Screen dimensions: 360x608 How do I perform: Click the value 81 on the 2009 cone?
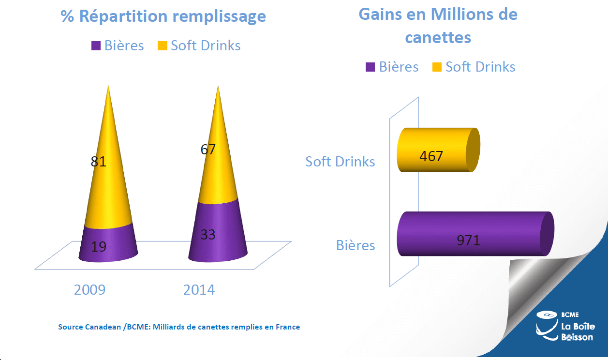(x=98, y=161)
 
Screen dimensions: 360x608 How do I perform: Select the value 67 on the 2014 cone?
(x=208, y=149)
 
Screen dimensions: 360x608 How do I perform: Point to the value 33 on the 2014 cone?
(x=208, y=235)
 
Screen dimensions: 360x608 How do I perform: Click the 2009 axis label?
(x=89, y=290)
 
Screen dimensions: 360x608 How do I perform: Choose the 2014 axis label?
(x=199, y=290)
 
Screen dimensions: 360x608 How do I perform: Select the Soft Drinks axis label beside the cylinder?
(x=340, y=161)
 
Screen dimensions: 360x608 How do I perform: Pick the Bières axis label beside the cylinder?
(x=356, y=245)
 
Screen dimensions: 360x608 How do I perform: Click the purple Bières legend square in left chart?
(x=96, y=46)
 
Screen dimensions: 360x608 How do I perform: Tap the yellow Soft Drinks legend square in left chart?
(x=162, y=46)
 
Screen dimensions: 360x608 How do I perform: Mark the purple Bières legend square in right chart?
(x=371, y=67)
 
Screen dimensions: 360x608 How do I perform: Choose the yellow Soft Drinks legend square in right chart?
(x=437, y=67)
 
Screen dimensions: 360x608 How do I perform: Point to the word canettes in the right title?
(x=438, y=37)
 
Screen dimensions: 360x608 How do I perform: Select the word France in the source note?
(x=287, y=327)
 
